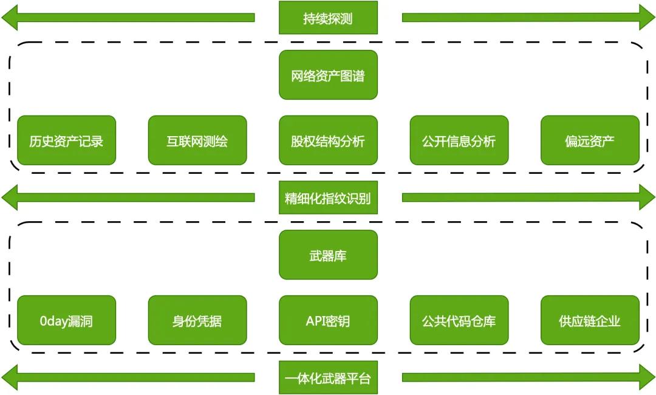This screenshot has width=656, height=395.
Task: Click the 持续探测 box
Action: (x=328, y=18)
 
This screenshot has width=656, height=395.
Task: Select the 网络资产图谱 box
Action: (x=328, y=75)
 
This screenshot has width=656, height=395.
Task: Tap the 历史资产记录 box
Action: (x=66, y=140)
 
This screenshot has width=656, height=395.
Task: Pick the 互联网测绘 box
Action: (x=197, y=140)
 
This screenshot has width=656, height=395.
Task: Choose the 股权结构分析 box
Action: (x=328, y=140)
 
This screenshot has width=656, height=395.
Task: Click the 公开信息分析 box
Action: (x=459, y=140)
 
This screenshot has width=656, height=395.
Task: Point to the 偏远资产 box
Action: (x=590, y=140)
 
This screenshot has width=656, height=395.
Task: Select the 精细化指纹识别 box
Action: (x=328, y=197)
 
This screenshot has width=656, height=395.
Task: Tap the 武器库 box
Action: (x=328, y=255)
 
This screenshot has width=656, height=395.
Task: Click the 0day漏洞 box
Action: (x=66, y=320)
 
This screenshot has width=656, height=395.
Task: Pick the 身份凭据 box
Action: (x=197, y=320)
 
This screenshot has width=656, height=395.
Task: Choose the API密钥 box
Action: (x=328, y=320)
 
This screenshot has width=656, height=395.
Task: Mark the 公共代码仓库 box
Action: (x=459, y=320)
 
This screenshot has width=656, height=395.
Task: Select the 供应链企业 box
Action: (x=590, y=320)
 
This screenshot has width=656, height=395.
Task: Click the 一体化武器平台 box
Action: (x=328, y=377)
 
